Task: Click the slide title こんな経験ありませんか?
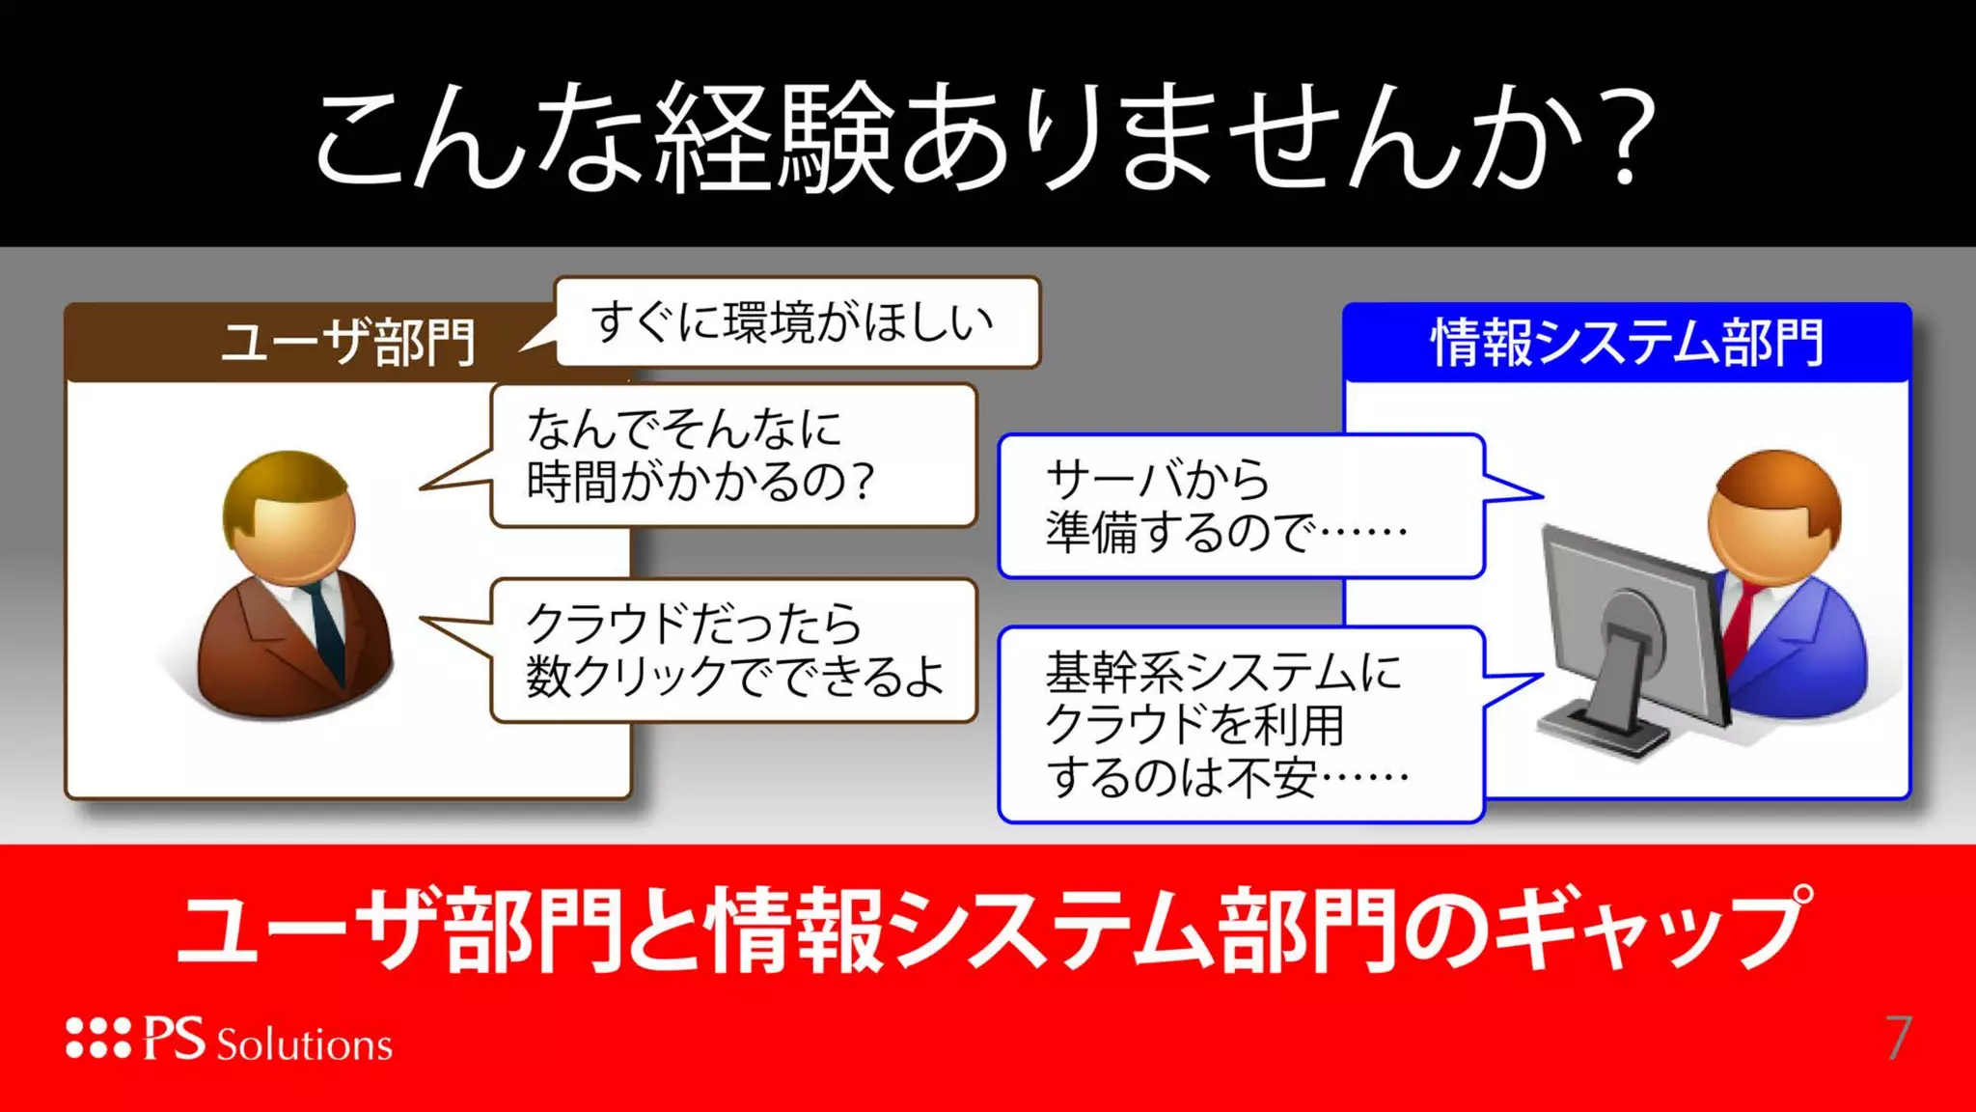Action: coord(984,135)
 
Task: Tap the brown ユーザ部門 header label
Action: coord(347,343)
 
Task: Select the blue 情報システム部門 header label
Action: coord(1627,343)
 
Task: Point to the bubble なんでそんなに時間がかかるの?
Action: coord(733,455)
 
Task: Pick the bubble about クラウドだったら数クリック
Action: coord(733,650)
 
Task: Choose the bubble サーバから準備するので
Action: coord(1240,506)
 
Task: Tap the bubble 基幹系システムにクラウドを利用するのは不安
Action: coord(1240,724)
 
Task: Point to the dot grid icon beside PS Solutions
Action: coord(97,1039)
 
